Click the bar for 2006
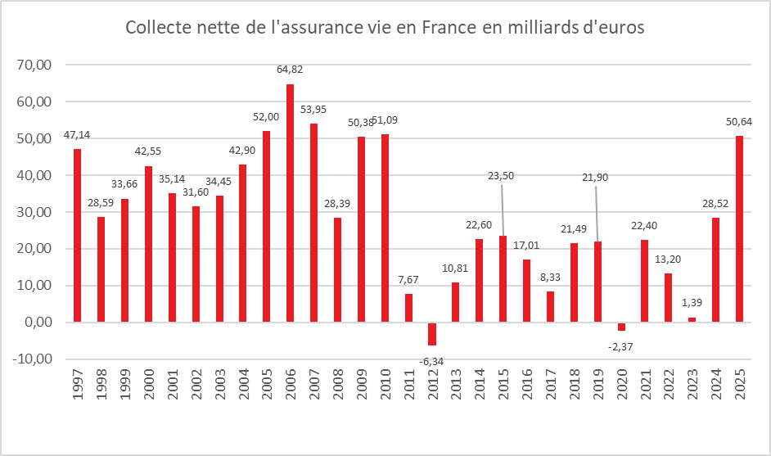click(290, 203)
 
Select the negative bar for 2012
click(432, 334)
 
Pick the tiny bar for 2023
click(692, 319)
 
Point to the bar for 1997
click(77, 235)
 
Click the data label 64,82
click(290, 69)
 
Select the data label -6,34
click(432, 361)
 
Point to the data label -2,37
click(621, 346)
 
